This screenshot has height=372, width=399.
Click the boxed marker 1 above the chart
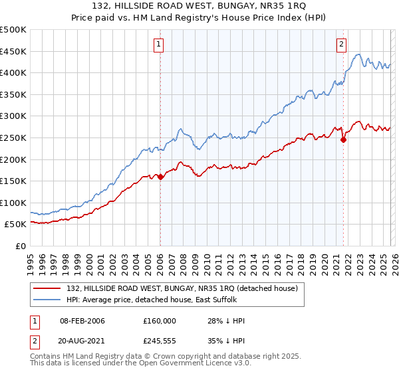pos(160,45)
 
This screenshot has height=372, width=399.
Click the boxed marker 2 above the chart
pos(341,45)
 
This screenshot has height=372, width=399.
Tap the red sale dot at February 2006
pos(160,177)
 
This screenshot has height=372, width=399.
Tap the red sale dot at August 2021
pos(343,139)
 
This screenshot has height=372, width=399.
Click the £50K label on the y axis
pos(16,225)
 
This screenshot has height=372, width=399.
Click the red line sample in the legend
pos(47,288)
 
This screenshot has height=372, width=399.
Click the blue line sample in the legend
pos(47,300)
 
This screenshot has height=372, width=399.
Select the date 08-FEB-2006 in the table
pos(82,320)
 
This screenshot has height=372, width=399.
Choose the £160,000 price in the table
pos(160,320)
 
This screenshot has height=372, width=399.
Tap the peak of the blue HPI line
pos(358,54)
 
